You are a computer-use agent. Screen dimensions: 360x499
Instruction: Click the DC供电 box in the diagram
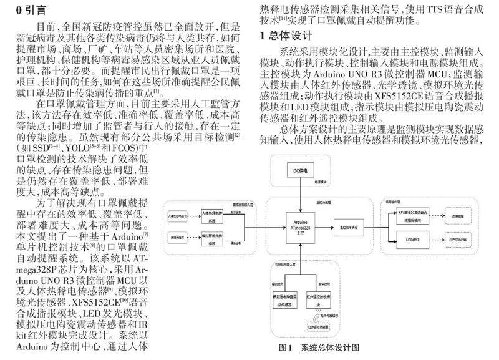[x=302, y=170]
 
